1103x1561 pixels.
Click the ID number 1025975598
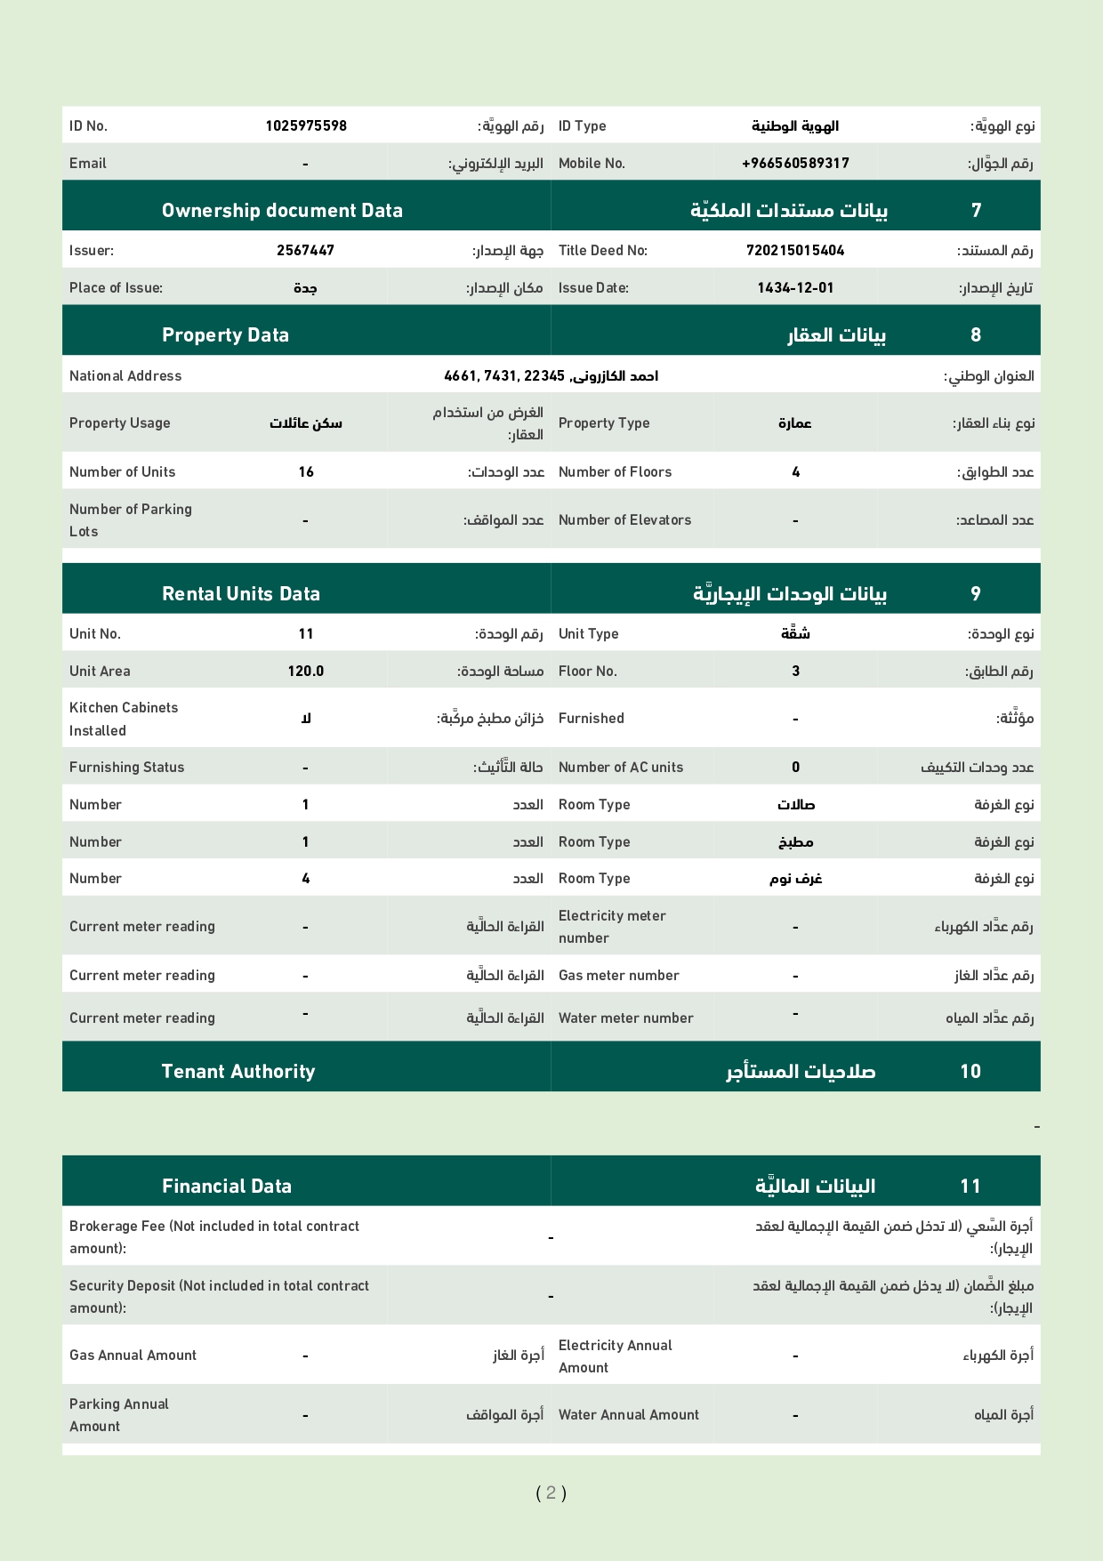(306, 126)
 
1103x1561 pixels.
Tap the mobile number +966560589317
(795, 164)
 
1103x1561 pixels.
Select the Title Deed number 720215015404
(795, 251)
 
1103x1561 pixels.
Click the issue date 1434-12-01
(795, 288)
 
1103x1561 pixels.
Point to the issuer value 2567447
(306, 251)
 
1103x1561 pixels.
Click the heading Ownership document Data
(282, 211)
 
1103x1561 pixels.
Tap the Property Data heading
(225, 335)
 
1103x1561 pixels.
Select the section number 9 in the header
(976, 594)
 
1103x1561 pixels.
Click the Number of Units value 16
(306, 472)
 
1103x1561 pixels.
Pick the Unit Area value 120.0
(306, 672)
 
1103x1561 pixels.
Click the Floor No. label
(587, 672)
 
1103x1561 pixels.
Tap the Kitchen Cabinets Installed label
(124, 719)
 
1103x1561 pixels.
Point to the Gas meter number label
(618, 976)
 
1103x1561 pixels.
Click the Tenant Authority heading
(238, 1072)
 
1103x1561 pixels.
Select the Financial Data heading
(227, 1187)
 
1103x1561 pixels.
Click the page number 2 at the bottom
(551, 1493)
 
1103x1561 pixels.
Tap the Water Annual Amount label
(629, 1415)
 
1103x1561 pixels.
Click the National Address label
(125, 376)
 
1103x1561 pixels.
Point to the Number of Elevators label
(624, 520)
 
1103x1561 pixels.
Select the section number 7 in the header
(976, 211)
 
